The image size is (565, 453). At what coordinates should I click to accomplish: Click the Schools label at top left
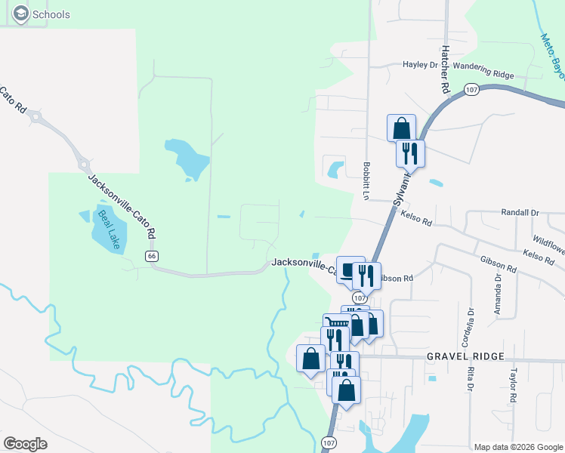pos(51,14)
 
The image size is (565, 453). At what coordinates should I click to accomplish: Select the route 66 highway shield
pos(153,257)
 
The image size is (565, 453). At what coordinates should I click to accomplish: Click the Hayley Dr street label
pos(421,65)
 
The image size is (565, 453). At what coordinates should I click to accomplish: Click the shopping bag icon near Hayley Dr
pos(401,128)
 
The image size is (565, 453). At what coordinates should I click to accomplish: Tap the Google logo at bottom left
pos(25,444)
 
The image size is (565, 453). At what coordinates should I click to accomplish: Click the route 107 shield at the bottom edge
pos(328,442)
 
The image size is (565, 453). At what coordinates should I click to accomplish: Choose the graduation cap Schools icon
pos(20,14)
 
